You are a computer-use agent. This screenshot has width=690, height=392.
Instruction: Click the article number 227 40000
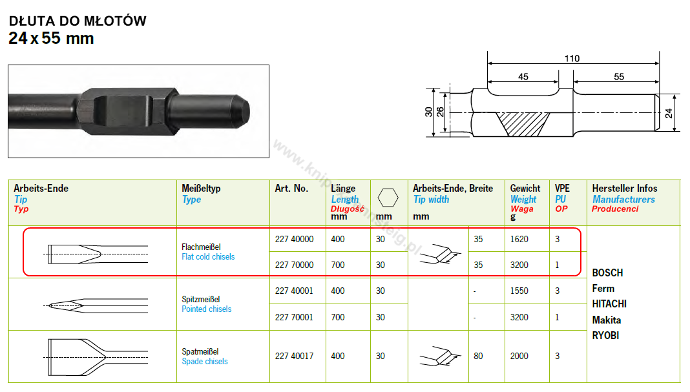(x=294, y=239)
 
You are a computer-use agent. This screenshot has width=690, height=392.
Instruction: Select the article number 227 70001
(x=294, y=317)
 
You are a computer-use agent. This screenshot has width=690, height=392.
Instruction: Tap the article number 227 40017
(x=294, y=356)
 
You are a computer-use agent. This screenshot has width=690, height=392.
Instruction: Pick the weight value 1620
(x=519, y=239)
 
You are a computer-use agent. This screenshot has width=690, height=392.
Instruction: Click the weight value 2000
(x=519, y=356)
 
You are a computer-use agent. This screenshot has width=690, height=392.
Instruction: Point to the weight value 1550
(x=519, y=291)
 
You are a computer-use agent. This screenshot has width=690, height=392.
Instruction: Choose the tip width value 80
(x=478, y=356)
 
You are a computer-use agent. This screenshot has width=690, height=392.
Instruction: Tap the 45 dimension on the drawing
(x=523, y=77)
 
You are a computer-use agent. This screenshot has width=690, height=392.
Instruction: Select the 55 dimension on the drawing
(x=619, y=77)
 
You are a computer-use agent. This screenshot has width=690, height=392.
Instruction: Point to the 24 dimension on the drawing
(x=669, y=113)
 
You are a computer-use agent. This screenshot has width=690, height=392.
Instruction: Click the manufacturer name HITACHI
(x=609, y=304)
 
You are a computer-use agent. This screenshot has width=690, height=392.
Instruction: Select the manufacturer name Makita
(x=606, y=320)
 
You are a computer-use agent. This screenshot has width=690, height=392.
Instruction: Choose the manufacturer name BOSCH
(x=607, y=273)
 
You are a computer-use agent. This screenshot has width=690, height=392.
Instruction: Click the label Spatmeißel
(x=200, y=351)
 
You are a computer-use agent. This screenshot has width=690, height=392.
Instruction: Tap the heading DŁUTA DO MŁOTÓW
(x=78, y=21)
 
